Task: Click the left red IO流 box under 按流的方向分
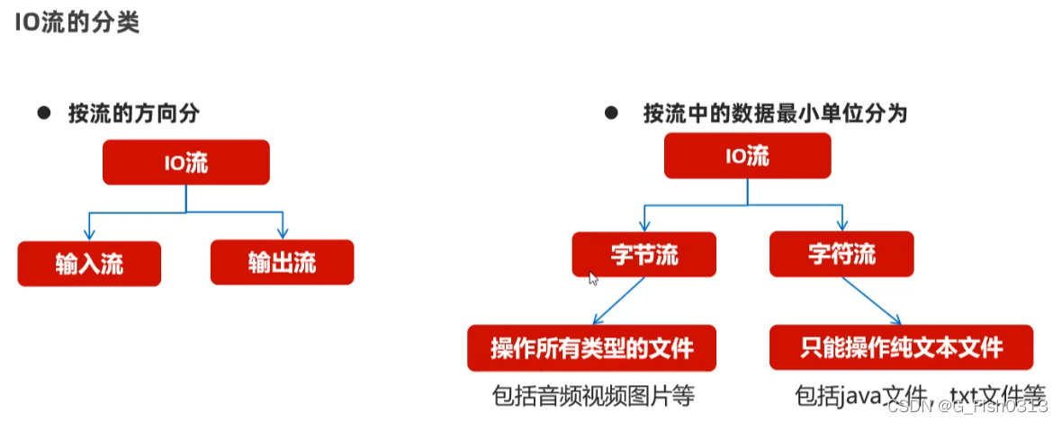(186, 162)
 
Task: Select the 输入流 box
(89, 264)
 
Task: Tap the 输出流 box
(283, 263)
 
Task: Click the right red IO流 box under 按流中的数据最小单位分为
(746, 156)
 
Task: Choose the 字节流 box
(643, 254)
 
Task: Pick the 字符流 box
(841, 254)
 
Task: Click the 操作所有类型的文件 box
(591, 348)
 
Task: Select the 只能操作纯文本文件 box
(901, 347)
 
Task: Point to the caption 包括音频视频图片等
(594, 396)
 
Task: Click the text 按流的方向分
(133, 114)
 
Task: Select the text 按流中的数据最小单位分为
(775, 114)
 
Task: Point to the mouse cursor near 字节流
(593, 279)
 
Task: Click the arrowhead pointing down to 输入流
(88, 233)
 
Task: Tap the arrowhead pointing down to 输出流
(282, 232)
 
